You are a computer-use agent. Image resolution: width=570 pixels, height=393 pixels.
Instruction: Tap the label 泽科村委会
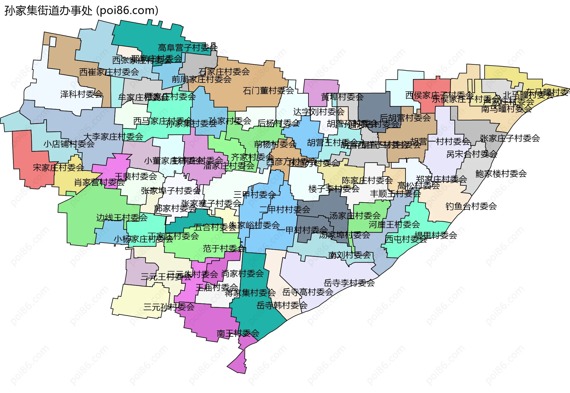(82, 94)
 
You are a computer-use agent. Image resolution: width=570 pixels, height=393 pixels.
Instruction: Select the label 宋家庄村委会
(58, 168)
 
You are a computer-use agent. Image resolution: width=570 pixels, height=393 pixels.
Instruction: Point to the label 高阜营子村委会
(188, 47)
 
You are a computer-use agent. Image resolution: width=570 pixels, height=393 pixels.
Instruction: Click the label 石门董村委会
(268, 90)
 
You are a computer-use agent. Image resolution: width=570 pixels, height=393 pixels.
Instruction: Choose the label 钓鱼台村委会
(471, 206)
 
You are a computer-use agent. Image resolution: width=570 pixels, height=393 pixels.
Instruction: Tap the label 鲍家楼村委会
(501, 174)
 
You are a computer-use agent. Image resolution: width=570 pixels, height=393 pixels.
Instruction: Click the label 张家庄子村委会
(510, 138)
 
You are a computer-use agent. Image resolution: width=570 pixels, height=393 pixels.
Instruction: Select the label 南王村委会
(238, 333)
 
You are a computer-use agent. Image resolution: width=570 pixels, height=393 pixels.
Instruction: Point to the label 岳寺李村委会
(349, 283)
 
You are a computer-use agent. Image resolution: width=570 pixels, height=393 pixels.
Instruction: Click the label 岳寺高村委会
(308, 292)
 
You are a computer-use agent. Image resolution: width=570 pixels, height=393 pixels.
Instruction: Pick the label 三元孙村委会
(169, 307)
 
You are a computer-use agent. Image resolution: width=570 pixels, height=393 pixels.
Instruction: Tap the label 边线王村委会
(122, 217)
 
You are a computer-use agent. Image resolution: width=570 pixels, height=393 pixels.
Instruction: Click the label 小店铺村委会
(69, 144)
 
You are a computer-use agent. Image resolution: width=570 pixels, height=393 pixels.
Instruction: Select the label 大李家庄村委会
(113, 137)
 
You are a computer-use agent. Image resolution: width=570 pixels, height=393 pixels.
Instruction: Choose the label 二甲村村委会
(285, 209)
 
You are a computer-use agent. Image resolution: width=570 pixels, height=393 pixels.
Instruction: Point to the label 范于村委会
(224, 249)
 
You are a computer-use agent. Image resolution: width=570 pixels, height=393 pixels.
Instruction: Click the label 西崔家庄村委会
(109, 72)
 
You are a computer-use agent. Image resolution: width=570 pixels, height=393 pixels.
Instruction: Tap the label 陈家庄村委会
(367, 180)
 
